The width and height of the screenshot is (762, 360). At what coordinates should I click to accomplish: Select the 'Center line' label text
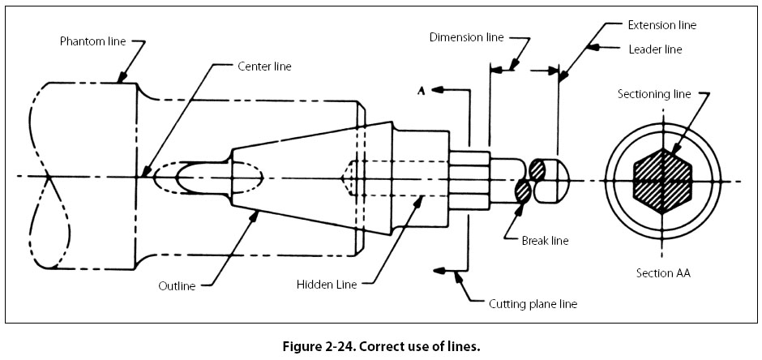coord(264,66)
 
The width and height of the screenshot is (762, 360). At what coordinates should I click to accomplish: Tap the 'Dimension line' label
coord(467,37)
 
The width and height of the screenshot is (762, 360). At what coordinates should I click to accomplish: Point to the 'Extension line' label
coord(662,25)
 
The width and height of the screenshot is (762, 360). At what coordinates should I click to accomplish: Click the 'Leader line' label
coord(655,49)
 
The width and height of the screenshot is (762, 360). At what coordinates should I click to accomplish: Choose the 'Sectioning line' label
coord(654,94)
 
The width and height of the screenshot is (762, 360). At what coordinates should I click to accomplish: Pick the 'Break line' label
coord(536,240)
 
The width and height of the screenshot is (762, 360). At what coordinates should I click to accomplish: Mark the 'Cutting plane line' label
coord(533,304)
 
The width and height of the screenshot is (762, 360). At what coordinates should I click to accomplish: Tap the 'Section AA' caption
coord(663,273)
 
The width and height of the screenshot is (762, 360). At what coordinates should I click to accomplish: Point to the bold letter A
coord(421,92)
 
